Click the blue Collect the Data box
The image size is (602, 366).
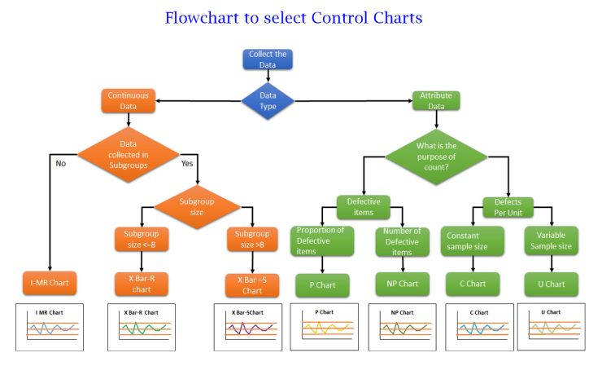pyautogui.click(x=268, y=60)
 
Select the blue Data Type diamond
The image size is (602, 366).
pyautogui.click(x=268, y=100)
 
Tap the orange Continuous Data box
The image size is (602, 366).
pyautogui.click(x=127, y=100)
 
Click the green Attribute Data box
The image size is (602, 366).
pyautogui.click(x=436, y=100)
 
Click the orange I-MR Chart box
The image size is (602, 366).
pyautogui.click(x=50, y=283)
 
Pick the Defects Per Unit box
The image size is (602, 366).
pyautogui.click(x=508, y=206)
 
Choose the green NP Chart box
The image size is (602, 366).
pyautogui.click(x=397, y=284)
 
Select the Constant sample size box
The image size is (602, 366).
pyautogui.click(x=473, y=240)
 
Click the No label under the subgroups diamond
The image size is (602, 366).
pyautogui.click(x=60, y=162)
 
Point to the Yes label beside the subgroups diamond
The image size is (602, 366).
pyautogui.click(x=186, y=162)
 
